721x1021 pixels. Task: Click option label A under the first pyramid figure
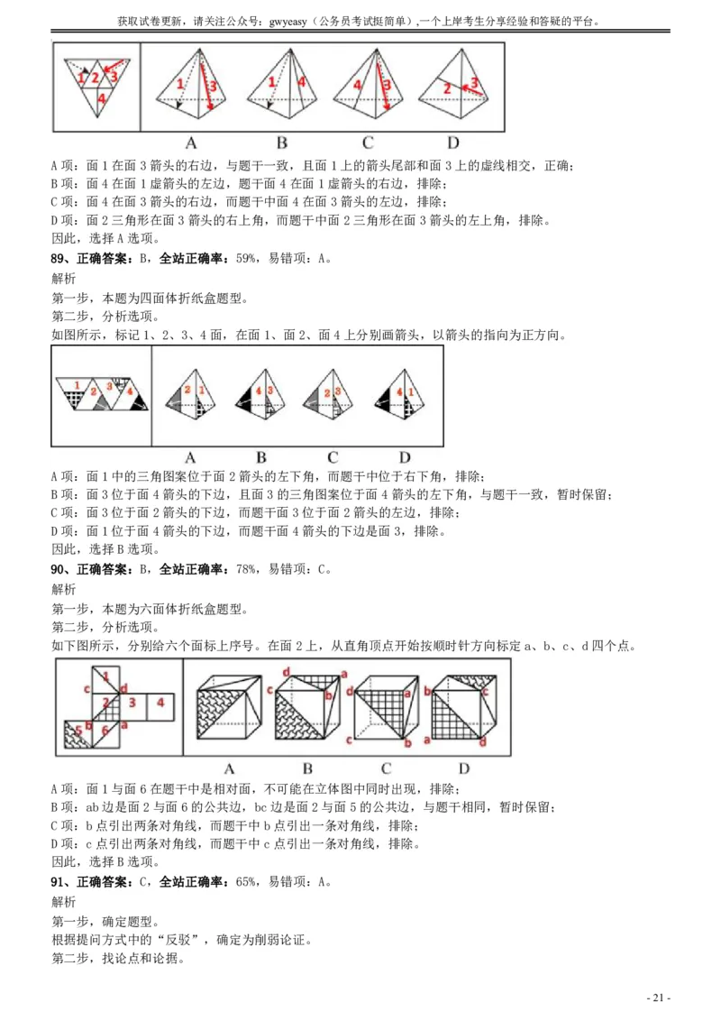tap(191, 142)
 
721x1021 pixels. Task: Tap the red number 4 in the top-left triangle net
tap(102, 98)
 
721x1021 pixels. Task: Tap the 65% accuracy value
tap(247, 882)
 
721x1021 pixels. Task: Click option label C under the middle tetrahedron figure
tap(333, 456)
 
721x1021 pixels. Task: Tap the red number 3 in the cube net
tap(132, 702)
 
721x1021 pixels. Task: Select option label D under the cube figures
tap(463, 768)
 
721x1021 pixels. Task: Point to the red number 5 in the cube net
tap(78, 731)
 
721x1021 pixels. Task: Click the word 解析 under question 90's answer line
tap(64, 589)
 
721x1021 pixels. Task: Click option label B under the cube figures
tap(307, 768)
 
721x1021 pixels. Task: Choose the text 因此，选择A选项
tap(105, 239)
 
